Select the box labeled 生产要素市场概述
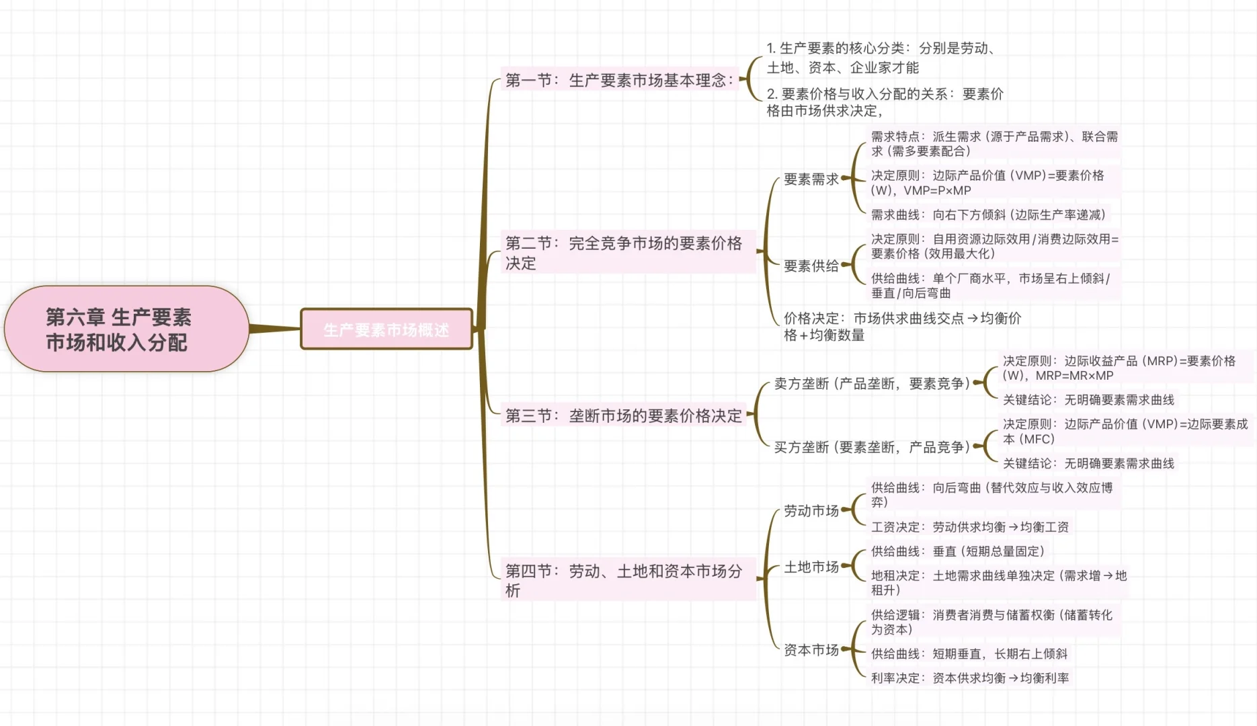click(387, 329)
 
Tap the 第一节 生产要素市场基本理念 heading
click(618, 80)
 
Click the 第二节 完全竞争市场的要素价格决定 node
click(625, 253)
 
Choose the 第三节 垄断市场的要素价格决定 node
click(623, 415)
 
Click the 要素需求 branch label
click(811, 179)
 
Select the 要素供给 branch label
click(811, 266)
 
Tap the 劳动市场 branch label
click(811, 511)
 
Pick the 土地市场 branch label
click(811, 567)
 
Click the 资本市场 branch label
click(811, 650)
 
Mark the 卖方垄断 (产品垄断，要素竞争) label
click(871, 384)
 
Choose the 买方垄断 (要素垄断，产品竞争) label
click(871, 447)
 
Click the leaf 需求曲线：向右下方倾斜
click(988, 215)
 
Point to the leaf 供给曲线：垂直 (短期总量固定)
click(957, 551)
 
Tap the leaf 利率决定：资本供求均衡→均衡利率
click(969, 678)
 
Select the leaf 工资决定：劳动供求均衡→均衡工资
click(969, 527)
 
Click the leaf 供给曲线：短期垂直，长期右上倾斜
click(969, 653)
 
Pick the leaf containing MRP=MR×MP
click(1119, 368)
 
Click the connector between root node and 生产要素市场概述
click(274, 329)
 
